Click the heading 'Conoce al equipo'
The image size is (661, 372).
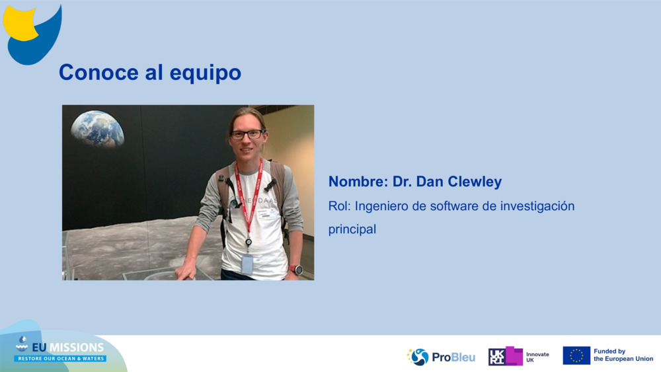pyautogui.click(x=149, y=72)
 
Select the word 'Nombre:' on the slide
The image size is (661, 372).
pyautogui.click(x=358, y=182)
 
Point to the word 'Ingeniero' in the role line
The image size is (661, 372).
pyautogui.click(x=379, y=206)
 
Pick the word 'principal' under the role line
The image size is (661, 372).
pyautogui.click(x=352, y=229)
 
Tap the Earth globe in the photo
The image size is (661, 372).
pyautogui.click(x=97, y=128)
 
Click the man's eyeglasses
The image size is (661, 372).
pyautogui.click(x=247, y=134)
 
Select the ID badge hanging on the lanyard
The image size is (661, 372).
pyautogui.click(x=247, y=264)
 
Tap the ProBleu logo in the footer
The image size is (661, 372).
pyautogui.click(x=441, y=357)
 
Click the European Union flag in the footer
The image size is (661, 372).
pyautogui.click(x=576, y=355)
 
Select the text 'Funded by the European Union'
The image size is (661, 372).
pyautogui.click(x=623, y=355)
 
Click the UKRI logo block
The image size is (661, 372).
pyautogui.click(x=506, y=356)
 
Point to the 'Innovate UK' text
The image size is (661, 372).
pyautogui.click(x=537, y=357)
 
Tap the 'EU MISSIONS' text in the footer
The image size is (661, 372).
pyautogui.click(x=68, y=347)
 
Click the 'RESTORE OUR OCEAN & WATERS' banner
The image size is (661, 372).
pyautogui.click(x=61, y=359)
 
